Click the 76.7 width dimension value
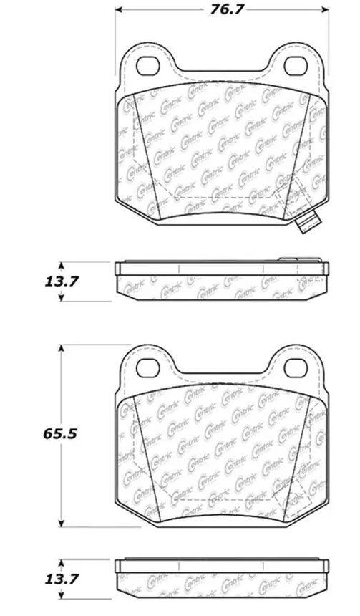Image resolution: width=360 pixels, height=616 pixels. point(221,9)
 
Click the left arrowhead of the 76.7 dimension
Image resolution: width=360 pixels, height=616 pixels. point(119,10)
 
